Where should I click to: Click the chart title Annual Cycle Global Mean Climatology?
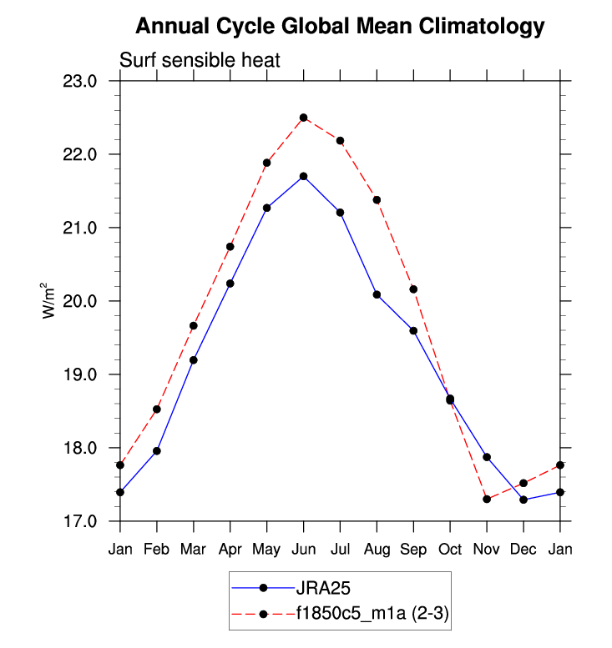[340, 27]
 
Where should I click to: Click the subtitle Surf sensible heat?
[200, 61]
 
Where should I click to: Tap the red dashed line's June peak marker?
[304, 118]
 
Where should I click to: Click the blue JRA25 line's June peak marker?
[304, 176]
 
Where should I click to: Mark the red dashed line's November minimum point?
[487, 499]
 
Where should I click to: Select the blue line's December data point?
[523, 500]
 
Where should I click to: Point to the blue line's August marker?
[377, 294]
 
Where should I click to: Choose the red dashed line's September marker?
[413, 289]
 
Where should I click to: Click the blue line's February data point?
[157, 450]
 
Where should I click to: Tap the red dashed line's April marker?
[230, 246]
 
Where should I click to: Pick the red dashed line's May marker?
[267, 163]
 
